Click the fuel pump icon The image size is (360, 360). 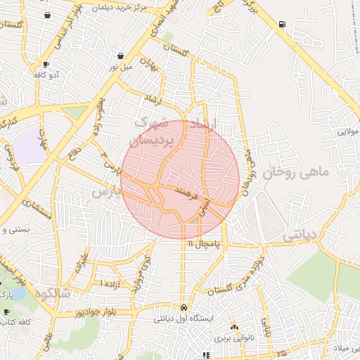tap(282, 24)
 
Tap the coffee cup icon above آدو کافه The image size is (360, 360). tap(46, 64)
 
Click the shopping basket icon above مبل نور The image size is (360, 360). tap(121, 56)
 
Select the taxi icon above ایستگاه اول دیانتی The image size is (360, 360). tap(184, 307)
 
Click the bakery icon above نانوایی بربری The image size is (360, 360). tap(234, 328)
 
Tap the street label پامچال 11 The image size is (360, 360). tap(204, 243)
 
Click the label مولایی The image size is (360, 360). tap(348, 131)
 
